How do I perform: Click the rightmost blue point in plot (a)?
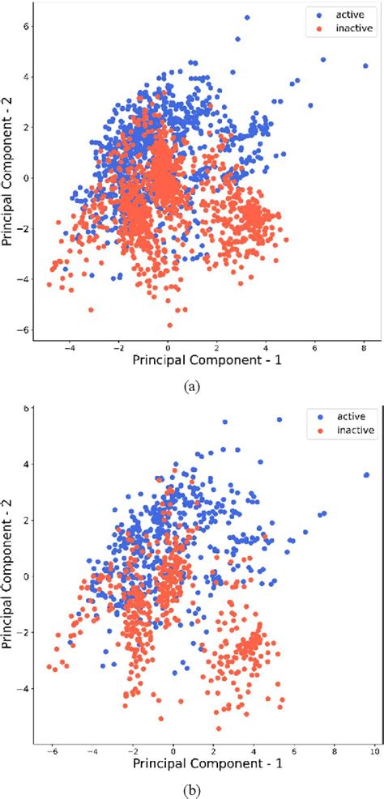point(365,66)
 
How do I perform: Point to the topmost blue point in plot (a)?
point(247,17)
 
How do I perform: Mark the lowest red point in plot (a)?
point(169,325)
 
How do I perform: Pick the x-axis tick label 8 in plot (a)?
point(365,346)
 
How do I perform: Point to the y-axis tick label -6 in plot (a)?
point(25,330)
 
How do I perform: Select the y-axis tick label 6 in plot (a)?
point(25,26)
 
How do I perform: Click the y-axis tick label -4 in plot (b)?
point(25,688)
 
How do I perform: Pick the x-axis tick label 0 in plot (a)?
point(169,346)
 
